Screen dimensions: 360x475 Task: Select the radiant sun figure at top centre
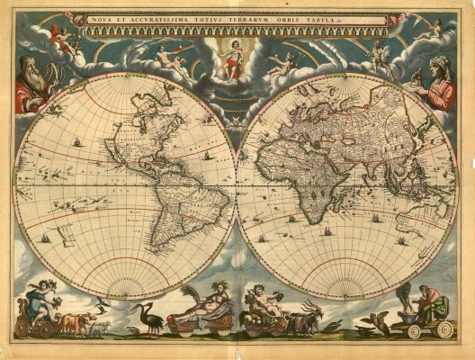(236, 56)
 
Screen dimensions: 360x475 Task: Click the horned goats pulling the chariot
(309, 317)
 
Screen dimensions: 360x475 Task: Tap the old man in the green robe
(431, 301)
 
